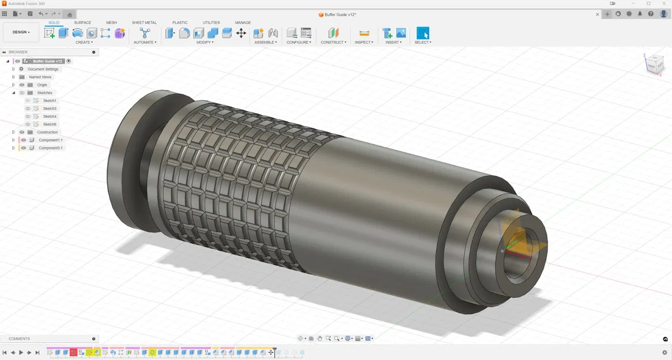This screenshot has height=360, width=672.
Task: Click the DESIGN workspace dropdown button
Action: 21,32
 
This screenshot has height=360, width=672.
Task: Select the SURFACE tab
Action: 82,22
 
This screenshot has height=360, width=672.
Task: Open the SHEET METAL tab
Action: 144,22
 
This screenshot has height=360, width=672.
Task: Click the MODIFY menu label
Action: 205,42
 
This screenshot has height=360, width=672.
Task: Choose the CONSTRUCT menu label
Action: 333,42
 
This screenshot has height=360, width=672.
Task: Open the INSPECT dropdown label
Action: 364,42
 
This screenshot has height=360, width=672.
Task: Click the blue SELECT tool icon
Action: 422,33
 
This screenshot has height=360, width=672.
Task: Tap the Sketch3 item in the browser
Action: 50,108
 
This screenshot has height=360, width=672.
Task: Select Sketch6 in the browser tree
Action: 50,124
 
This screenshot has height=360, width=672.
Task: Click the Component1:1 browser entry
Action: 50,140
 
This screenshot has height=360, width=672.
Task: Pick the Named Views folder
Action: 40,77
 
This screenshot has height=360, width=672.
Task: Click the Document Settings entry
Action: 43,69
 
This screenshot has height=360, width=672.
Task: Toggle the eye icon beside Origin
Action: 22,85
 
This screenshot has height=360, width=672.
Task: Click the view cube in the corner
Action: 654,63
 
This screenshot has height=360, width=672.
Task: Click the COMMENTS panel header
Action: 20,339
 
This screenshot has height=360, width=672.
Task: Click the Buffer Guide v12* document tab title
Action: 340,14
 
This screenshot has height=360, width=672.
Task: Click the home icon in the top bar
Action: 70,14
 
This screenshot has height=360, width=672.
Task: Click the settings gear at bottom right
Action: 665,353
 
